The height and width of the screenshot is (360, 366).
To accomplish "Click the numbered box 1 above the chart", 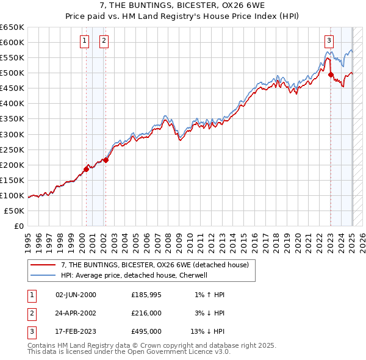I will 84,41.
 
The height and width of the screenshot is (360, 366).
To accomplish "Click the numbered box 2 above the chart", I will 104,41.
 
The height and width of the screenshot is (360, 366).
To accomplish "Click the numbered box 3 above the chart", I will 329,41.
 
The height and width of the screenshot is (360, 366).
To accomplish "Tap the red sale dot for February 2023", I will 331,74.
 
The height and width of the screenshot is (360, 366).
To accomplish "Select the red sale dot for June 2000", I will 86,169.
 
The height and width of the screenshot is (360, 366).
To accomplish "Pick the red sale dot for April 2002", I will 106,160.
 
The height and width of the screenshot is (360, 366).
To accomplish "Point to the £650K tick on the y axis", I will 12,27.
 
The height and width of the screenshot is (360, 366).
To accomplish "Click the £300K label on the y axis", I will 12,134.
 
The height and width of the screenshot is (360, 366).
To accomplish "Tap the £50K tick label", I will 15,211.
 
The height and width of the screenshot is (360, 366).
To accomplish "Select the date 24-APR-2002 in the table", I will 76,313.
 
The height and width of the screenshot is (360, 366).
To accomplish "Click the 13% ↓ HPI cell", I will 207,331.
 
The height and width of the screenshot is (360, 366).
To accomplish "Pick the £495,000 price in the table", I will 146,331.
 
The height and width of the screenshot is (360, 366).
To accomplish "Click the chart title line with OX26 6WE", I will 182,6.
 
